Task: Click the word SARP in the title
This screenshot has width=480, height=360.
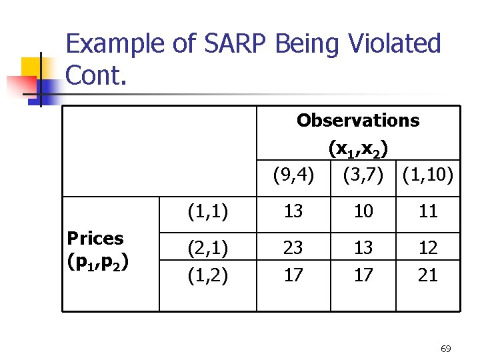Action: pyautogui.click(x=230, y=45)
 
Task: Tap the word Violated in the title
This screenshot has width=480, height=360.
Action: pyautogui.click(x=397, y=45)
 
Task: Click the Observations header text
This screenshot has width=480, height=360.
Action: pyautogui.click(x=358, y=121)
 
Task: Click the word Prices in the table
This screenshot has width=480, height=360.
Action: pyautogui.click(x=95, y=238)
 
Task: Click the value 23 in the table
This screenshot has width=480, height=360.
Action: pyautogui.click(x=293, y=248)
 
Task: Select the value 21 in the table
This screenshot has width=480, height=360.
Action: pyautogui.click(x=428, y=275)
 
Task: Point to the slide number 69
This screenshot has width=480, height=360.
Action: pyautogui.click(x=446, y=349)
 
